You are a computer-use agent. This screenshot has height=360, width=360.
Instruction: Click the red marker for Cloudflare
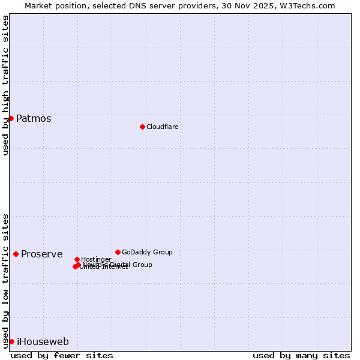click(142, 127)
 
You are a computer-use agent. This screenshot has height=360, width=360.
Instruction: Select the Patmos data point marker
click(11, 118)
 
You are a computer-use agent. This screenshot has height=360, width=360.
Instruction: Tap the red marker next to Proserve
click(16, 254)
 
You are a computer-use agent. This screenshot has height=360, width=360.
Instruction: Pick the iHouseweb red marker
click(11, 341)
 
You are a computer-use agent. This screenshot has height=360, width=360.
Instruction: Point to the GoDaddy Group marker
click(118, 252)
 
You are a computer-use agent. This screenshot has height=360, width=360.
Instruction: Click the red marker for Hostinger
click(77, 259)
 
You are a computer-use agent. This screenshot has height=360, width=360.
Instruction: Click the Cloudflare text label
click(162, 127)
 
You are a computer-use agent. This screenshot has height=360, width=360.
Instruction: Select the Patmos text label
click(34, 118)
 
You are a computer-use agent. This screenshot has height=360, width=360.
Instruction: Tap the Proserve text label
click(41, 254)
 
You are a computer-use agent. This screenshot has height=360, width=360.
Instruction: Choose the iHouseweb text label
click(43, 341)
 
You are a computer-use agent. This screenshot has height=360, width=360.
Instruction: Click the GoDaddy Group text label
click(147, 252)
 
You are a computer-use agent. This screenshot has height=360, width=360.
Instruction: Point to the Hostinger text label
click(96, 259)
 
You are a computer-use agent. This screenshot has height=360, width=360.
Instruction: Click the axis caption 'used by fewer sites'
click(62, 355)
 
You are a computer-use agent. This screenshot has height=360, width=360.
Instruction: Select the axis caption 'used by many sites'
click(301, 355)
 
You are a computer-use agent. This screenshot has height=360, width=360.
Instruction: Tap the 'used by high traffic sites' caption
click(5, 85)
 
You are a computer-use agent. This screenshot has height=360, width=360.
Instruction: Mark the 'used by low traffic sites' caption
click(5, 280)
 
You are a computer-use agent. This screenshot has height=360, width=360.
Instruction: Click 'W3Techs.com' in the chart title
click(308, 5)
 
